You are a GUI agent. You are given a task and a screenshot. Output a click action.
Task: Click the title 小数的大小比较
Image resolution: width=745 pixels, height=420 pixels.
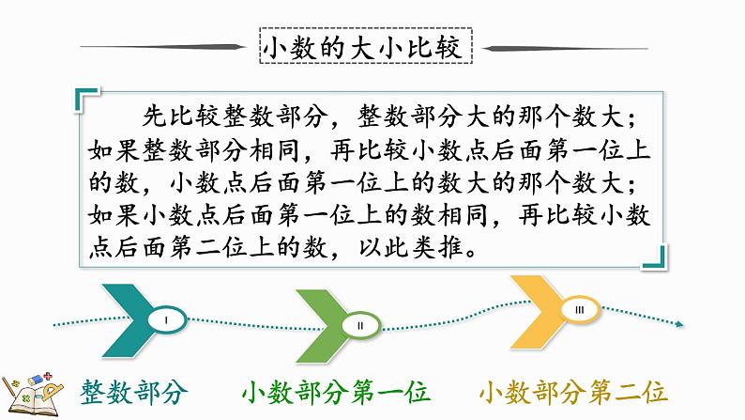click(x=364, y=47)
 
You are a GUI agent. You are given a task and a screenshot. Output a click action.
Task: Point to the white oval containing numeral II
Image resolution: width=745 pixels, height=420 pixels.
click(x=360, y=324)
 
